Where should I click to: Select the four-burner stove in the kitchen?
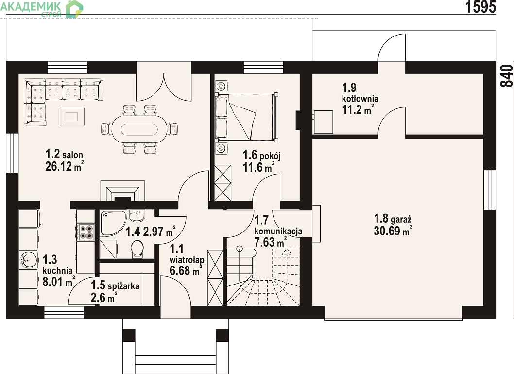(86, 232)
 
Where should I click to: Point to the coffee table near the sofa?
(71, 116)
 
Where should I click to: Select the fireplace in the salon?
(122, 191)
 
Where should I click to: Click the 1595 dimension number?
(481, 7)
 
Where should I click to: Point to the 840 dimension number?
(507, 76)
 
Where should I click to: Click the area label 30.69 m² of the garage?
(393, 231)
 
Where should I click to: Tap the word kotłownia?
(360, 99)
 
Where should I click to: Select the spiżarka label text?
(123, 286)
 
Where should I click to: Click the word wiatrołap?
(187, 260)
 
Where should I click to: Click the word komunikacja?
(278, 232)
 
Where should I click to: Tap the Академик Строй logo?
(42, 9)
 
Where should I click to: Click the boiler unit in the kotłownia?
(323, 122)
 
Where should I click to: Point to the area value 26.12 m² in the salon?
(64, 166)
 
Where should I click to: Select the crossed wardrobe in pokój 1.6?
(223, 183)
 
